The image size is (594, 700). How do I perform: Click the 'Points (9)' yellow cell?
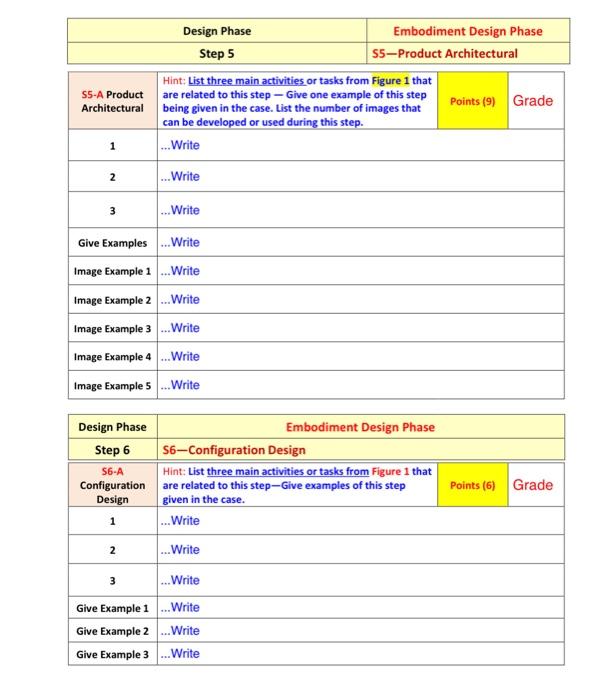click(x=472, y=101)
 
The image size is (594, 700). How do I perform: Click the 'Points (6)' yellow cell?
click(x=472, y=485)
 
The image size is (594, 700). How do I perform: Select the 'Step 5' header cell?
click(x=217, y=53)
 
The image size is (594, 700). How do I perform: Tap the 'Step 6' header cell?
click(x=112, y=449)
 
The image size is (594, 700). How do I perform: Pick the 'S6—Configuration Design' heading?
click(x=235, y=450)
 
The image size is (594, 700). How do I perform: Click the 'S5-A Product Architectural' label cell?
click(x=112, y=101)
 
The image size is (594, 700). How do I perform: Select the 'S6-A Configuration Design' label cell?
click(x=112, y=484)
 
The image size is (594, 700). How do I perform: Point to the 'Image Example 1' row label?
click(x=112, y=271)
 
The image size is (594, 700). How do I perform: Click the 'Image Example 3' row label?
click(x=112, y=329)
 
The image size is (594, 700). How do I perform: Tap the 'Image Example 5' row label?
click(x=112, y=386)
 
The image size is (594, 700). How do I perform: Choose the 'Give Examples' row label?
click(x=112, y=243)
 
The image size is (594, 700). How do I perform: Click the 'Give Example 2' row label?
click(x=112, y=631)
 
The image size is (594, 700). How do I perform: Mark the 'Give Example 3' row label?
click(x=112, y=654)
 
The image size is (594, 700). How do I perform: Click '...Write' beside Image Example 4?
click(x=180, y=357)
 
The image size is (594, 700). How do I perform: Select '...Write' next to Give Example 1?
click(x=180, y=607)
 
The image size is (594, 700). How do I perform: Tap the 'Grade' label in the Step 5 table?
click(x=532, y=101)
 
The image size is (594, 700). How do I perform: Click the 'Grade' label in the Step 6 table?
click(x=532, y=485)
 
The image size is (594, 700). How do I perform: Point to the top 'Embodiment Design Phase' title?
click(x=467, y=31)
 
